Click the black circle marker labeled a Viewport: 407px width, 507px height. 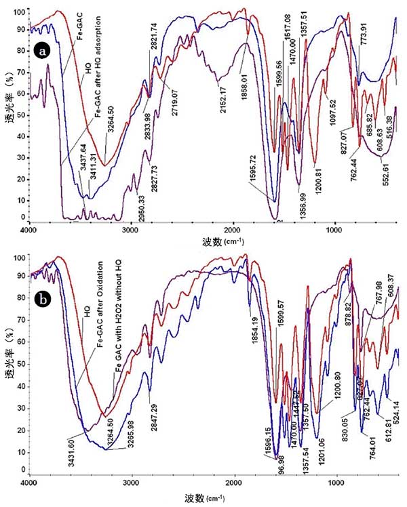(44, 52)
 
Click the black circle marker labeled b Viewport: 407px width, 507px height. (44, 277)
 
